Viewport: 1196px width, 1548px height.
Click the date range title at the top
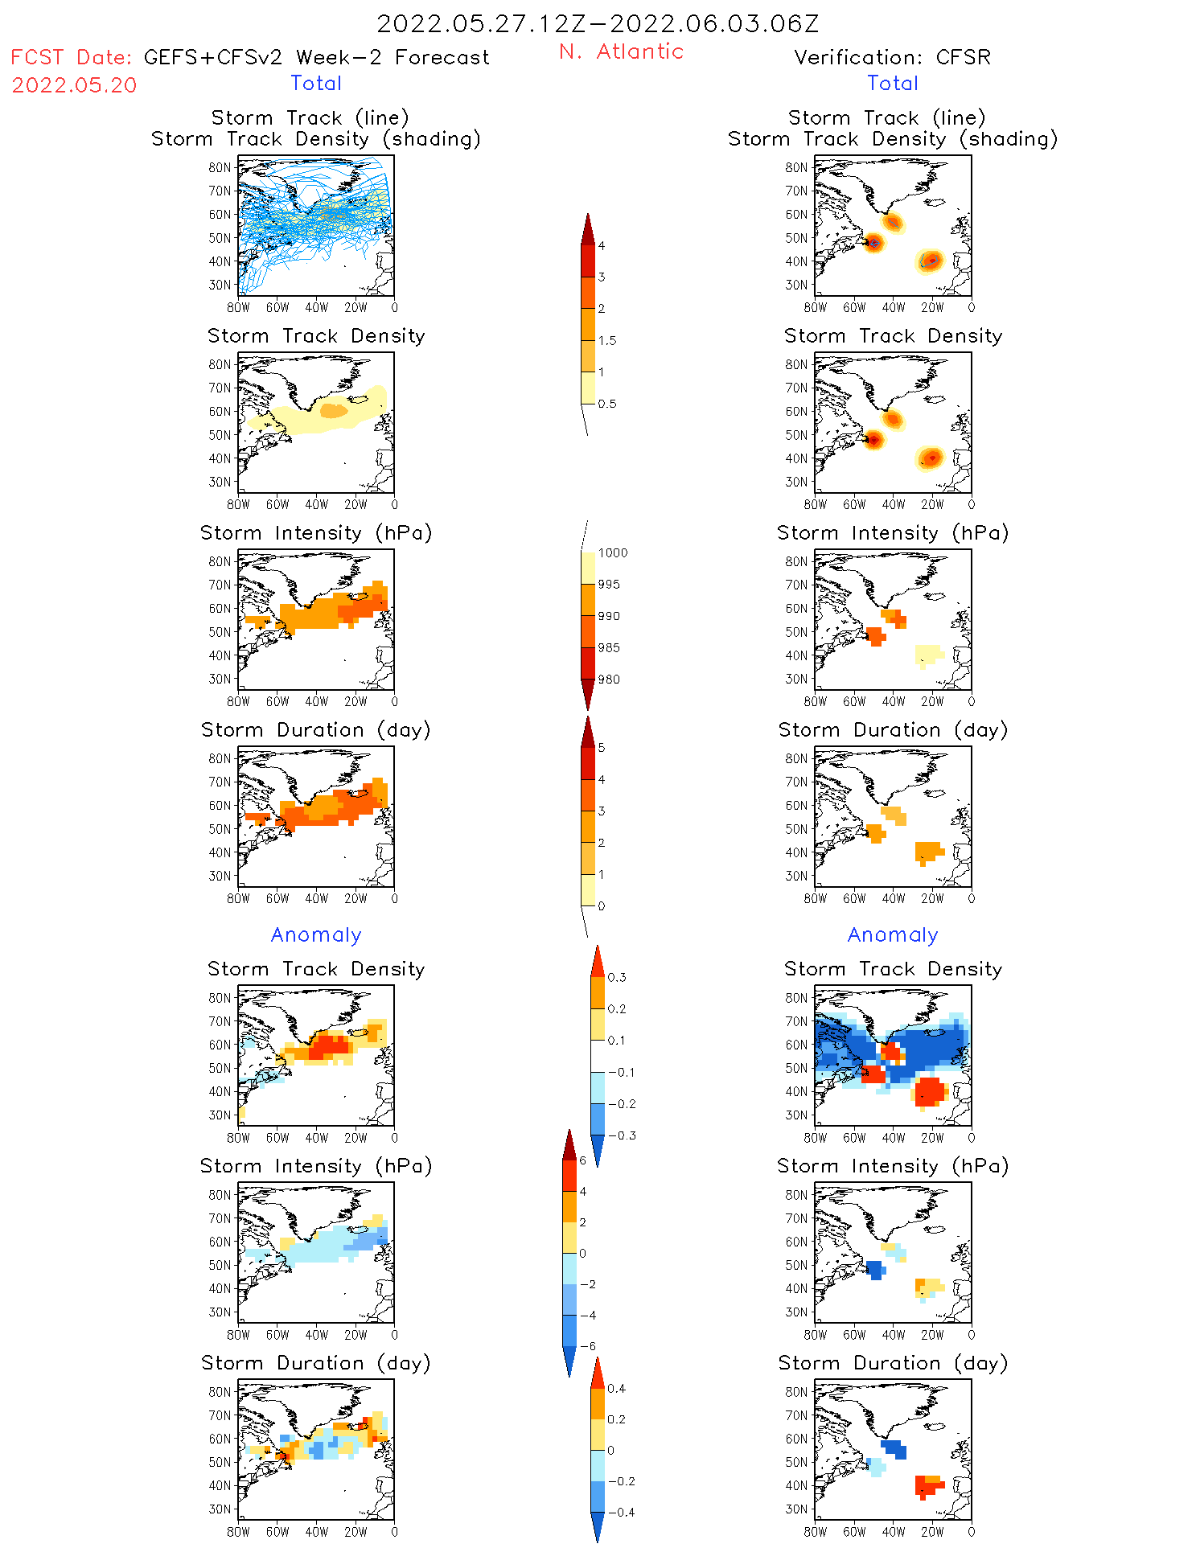598,24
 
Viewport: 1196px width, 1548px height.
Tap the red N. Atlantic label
621,51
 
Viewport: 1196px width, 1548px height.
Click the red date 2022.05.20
74,85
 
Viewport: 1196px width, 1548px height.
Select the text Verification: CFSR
892,57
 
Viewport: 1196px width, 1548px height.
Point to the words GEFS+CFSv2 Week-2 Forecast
316,57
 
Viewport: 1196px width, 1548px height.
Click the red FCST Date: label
71,57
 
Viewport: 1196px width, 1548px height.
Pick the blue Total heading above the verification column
892,83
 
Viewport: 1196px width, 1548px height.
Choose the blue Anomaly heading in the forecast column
316,934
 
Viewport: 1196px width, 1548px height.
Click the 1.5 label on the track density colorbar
607,341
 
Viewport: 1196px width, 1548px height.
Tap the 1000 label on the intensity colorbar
612,553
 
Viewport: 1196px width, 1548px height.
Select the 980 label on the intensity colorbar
609,680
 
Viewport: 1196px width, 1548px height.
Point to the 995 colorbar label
609,585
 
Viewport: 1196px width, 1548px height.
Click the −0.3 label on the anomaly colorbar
621,1135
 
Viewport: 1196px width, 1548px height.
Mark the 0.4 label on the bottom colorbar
616,1388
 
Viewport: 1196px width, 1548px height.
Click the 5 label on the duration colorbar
602,748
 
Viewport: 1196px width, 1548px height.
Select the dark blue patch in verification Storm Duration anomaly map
894,1449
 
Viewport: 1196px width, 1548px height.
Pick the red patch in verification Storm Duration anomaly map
929,1487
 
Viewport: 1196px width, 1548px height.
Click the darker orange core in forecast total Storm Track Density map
333,410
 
